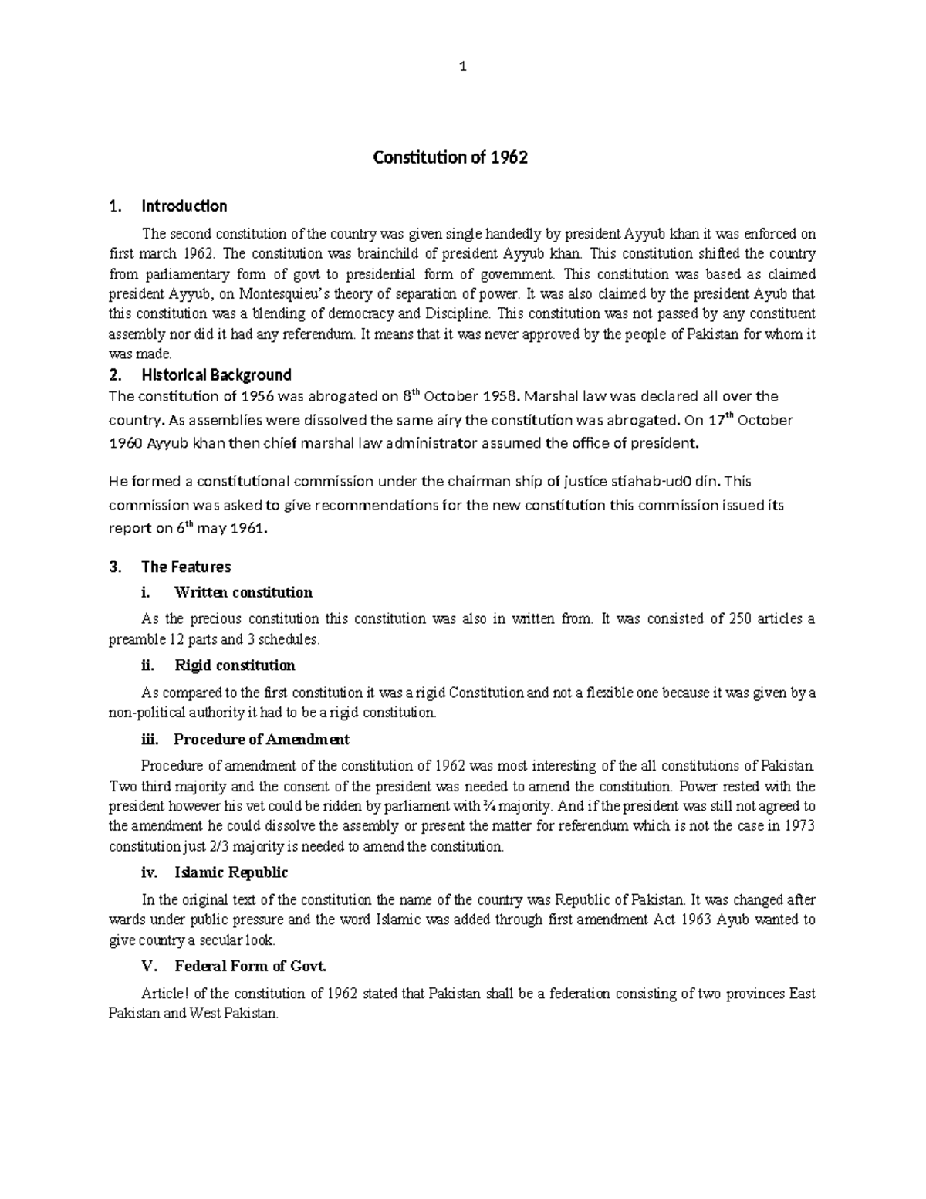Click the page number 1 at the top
point(462,67)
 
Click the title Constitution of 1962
point(450,158)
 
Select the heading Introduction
point(184,206)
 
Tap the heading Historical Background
point(216,375)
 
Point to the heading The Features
point(186,567)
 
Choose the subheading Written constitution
point(243,592)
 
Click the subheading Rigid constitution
point(235,665)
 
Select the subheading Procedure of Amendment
point(262,739)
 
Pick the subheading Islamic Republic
point(231,872)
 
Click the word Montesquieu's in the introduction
point(289,294)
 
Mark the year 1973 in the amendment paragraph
point(799,826)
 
